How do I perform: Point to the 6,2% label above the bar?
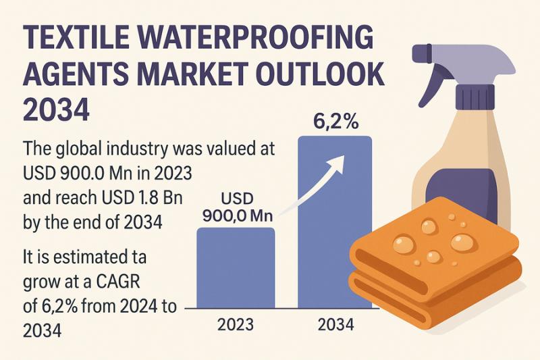click(x=335, y=123)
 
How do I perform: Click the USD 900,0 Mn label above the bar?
click(x=236, y=207)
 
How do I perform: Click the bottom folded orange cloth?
click(x=432, y=297)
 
